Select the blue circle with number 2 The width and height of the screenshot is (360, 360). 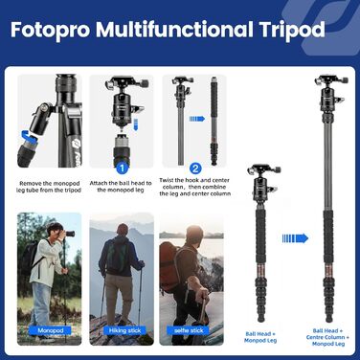click(194, 167)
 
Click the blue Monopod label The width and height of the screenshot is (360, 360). click(49, 330)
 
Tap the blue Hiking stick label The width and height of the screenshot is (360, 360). click(121, 330)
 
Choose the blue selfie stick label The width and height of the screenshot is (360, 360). click(191, 330)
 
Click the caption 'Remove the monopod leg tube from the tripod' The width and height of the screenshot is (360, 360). click(49, 186)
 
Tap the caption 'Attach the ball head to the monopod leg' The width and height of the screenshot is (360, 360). click(121, 186)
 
